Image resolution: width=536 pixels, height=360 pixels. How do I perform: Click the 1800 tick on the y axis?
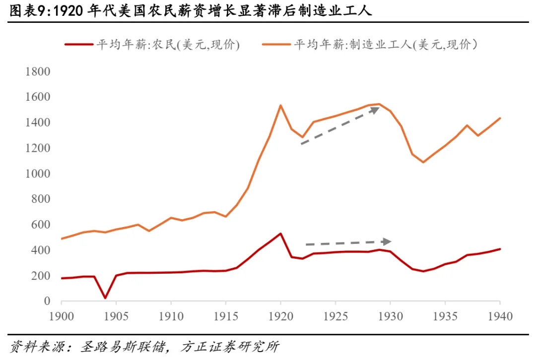coord(38,72)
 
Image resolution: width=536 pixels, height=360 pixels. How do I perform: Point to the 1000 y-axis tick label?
coord(38,174)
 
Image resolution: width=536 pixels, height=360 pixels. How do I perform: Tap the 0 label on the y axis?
coord(47,301)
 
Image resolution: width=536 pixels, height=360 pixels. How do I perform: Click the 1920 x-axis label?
coord(280,316)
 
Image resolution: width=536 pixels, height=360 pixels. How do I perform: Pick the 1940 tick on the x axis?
coord(500,316)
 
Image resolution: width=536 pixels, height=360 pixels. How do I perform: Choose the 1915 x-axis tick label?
coord(226,316)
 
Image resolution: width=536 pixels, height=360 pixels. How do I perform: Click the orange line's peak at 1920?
coord(280,105)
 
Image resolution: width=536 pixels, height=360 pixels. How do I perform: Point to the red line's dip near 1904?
coord(105,298)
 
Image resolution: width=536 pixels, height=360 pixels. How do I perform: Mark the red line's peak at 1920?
coord(280,234)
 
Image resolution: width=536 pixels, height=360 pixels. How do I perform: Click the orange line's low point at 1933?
coord(423,162)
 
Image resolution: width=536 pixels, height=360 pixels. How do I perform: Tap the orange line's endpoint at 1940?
coord(500,118)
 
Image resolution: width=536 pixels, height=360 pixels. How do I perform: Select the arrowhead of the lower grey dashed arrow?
coord(387,241)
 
